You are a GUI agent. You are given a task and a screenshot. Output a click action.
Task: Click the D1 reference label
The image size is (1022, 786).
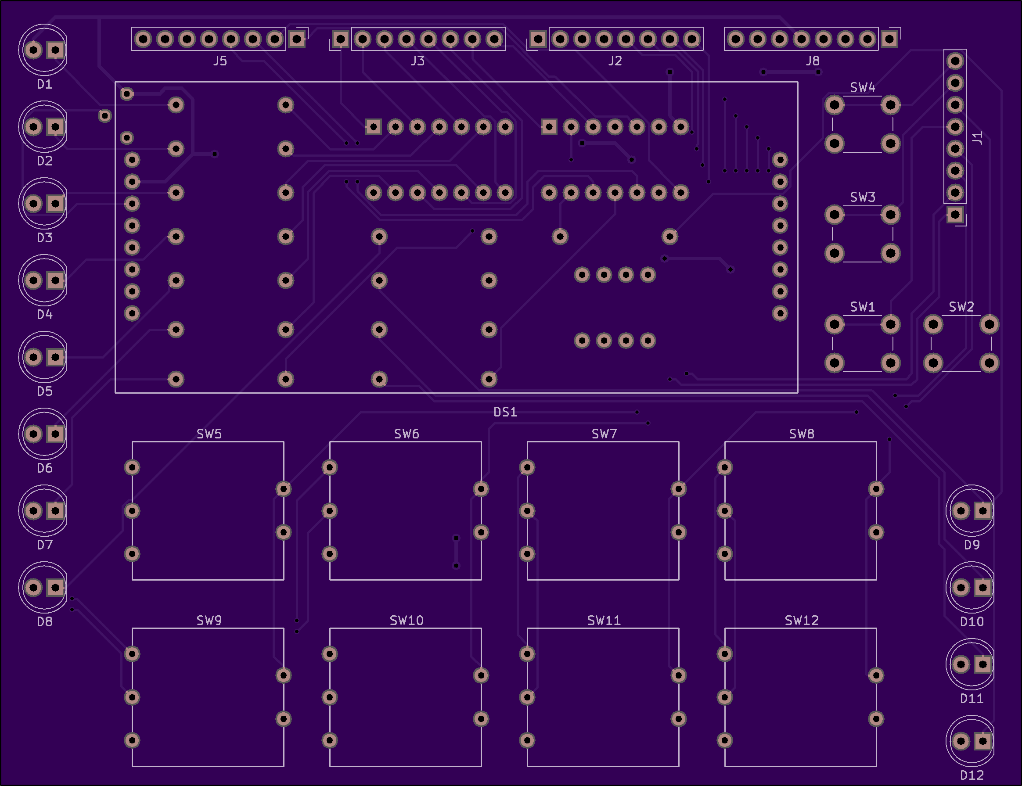point(44,84)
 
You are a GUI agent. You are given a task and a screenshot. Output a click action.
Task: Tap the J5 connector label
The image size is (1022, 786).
point(220,61)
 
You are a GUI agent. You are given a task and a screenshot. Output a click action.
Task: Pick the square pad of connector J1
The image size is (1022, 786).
point(955,215)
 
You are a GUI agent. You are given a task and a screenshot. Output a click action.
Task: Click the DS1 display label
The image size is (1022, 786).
point(505,412)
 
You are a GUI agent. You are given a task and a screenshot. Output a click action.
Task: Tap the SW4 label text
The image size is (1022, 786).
point(863,87)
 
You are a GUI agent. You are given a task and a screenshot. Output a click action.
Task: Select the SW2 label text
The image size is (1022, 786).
point(961,307)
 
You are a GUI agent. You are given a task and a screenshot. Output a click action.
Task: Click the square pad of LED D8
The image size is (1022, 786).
point(55,588)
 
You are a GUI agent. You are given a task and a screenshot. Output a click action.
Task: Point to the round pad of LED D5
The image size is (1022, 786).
point(33,357)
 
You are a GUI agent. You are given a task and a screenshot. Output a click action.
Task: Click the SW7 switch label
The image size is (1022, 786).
point(604,434)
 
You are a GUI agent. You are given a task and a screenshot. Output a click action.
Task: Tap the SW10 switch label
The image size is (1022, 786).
point(407,621)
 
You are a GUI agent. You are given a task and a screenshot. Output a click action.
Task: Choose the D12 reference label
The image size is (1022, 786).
point(972,775)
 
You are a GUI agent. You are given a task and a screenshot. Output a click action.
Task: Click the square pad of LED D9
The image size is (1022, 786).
point(982,511)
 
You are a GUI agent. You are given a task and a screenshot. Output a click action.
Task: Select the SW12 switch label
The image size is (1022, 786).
point(802,621)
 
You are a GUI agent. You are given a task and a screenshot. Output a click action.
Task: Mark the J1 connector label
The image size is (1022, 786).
point(978,138)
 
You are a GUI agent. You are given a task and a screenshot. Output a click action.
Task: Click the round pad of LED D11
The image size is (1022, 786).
point(961,664)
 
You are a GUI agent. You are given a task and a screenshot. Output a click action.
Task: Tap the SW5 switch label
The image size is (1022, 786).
point(209,434)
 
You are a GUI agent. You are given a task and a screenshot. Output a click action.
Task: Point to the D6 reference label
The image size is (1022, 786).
point(44,468)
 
